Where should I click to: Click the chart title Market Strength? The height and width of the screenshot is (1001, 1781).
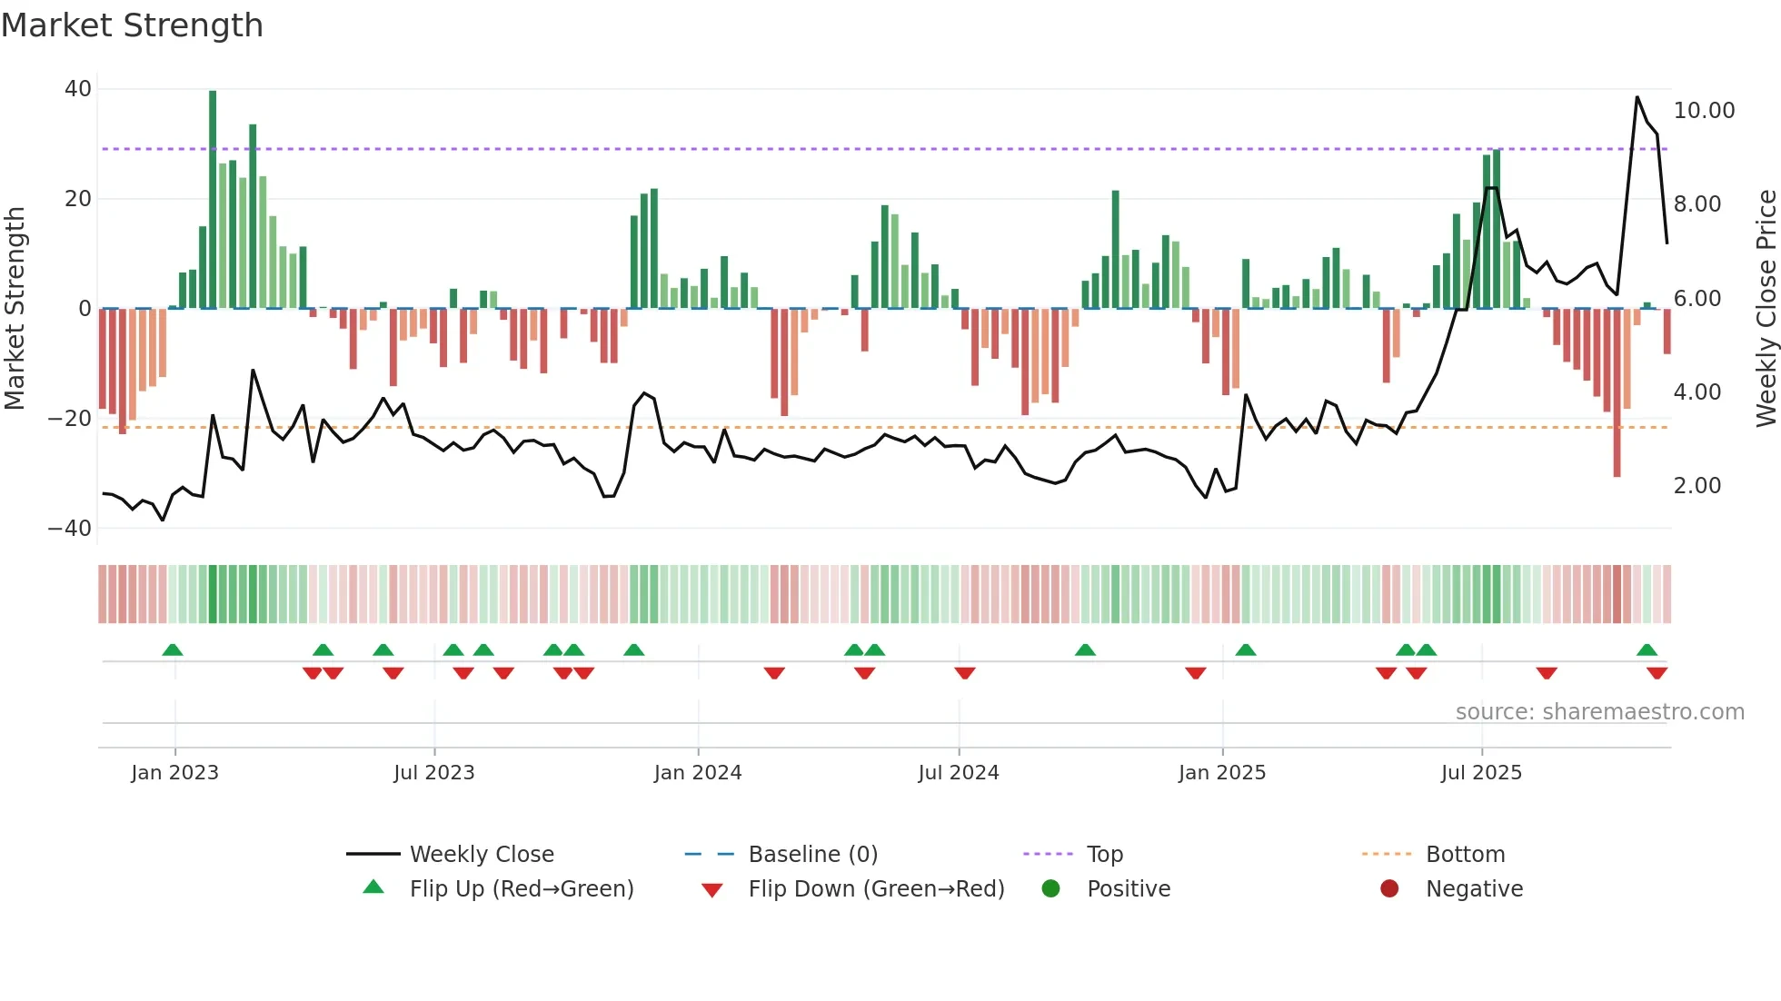pos(132,25)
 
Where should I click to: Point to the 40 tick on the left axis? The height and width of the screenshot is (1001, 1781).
pos(78,89)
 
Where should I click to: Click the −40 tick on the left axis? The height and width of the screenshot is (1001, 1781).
pos(70,529)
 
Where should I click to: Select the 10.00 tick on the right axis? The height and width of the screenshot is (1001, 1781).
pos(1704,111)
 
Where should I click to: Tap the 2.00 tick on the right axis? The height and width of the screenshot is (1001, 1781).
pos(1696,486)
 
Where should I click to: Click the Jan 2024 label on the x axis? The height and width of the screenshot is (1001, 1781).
pos(697,773)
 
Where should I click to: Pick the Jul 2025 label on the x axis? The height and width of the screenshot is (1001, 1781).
pos(1480,773)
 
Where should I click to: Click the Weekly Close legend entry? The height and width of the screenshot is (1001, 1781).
pos(481,855)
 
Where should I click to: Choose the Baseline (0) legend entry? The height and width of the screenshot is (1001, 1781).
pos(812,855)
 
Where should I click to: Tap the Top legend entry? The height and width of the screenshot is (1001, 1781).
pos(1104,855)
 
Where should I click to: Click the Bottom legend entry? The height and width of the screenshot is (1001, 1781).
pos(1465,855)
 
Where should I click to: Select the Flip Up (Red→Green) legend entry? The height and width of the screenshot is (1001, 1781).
pos(521,889)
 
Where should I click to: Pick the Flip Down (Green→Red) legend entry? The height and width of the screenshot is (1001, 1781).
pos(875,889)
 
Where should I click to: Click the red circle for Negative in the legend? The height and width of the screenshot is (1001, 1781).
pos(1388,889)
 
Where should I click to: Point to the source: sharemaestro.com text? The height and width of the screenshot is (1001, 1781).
pos(1599,712)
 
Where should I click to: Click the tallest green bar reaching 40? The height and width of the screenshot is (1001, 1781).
pos(213,200)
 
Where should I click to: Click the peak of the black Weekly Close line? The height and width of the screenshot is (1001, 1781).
pos(1637,97)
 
